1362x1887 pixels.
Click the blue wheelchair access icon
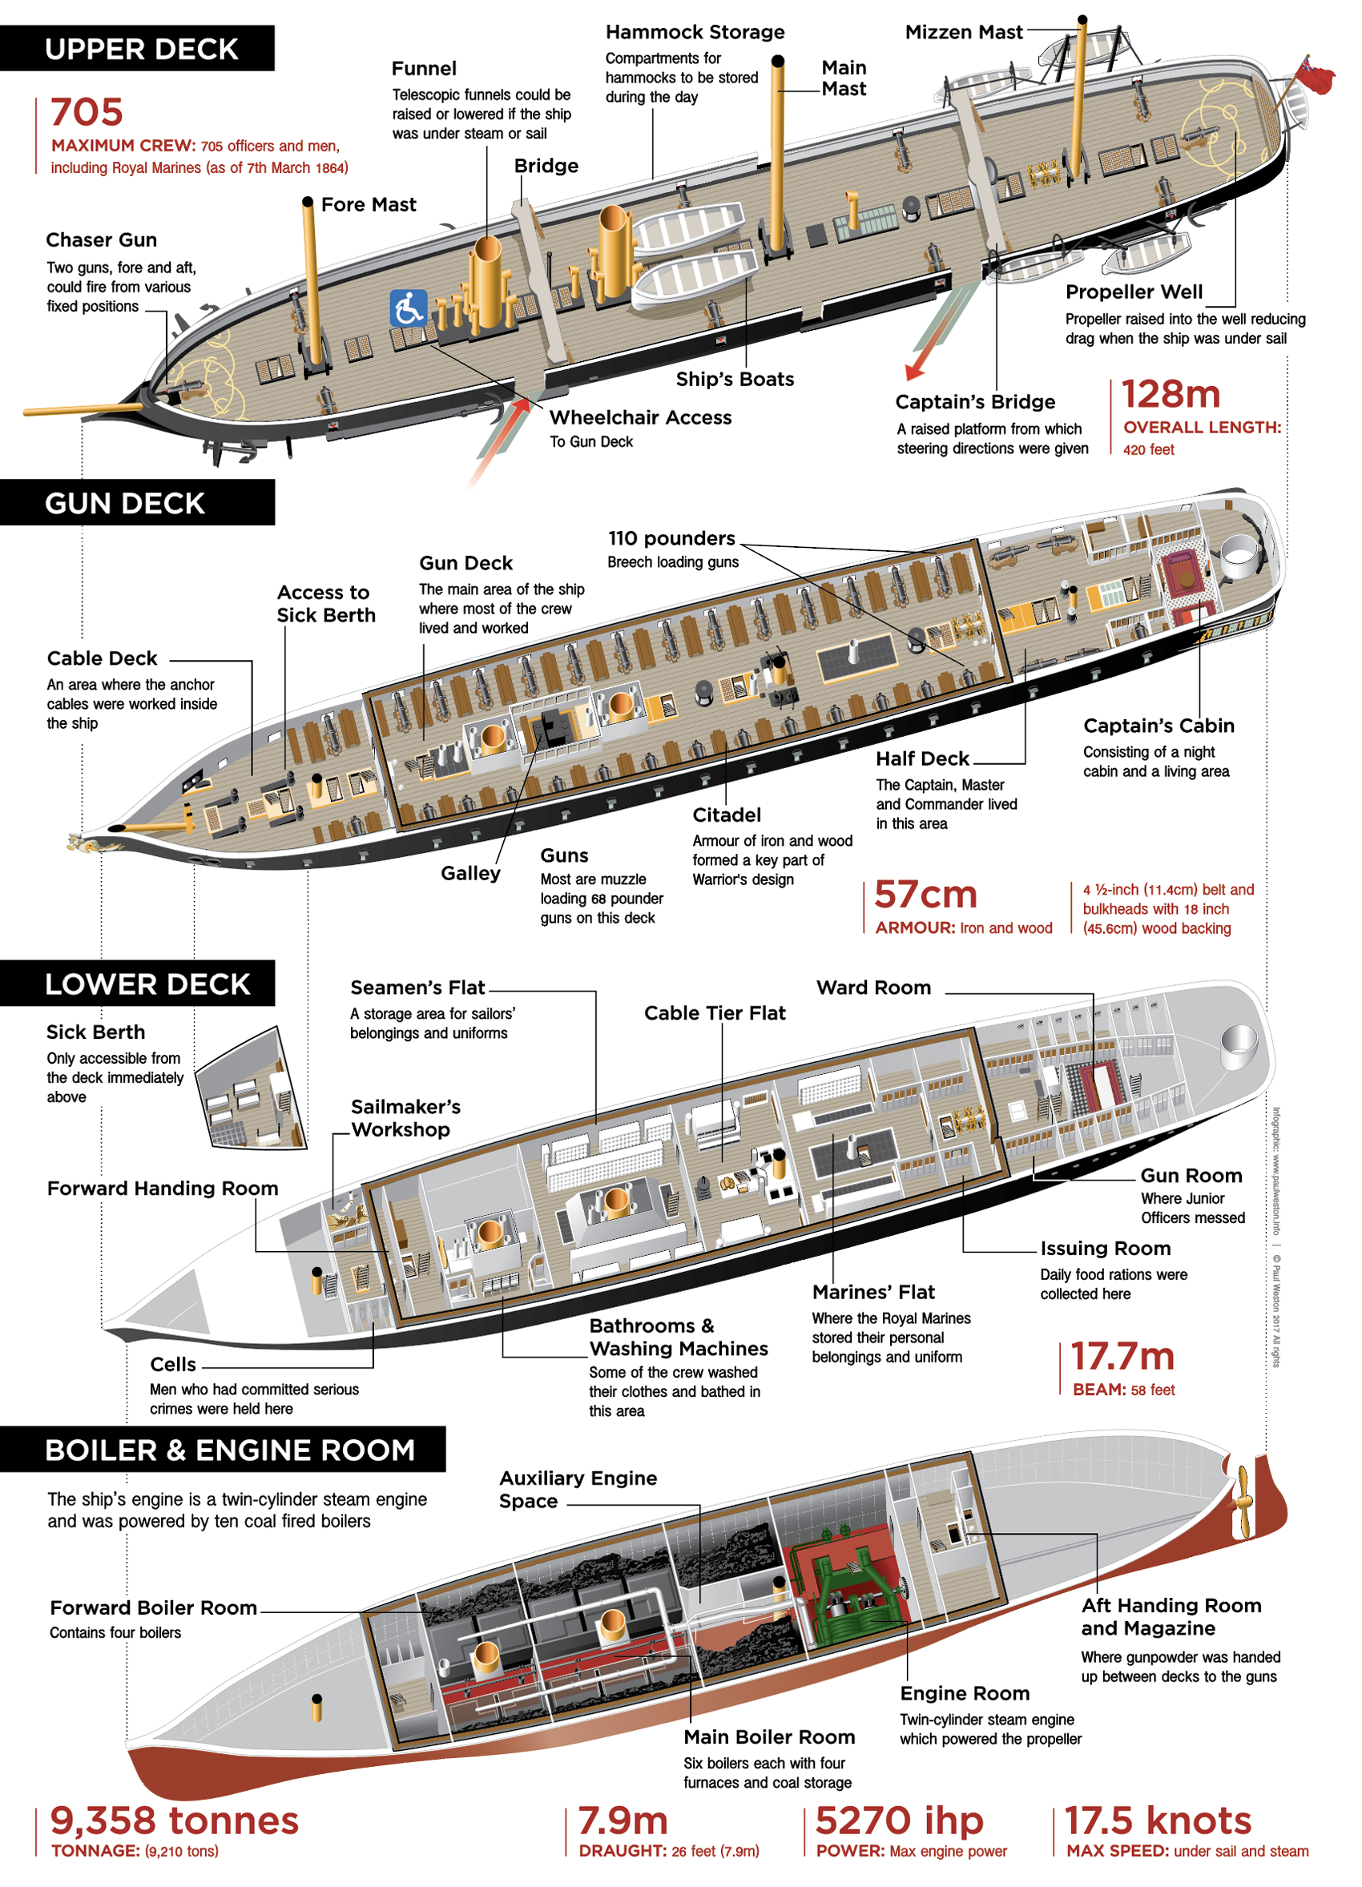click(408, 308)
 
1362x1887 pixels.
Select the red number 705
click(87, 112)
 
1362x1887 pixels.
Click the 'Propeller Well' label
click(1133, 292)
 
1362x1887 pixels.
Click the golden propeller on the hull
click(1243, 1503)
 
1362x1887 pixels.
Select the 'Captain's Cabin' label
click(1159, 726)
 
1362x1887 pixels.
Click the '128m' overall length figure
click(1170, 394)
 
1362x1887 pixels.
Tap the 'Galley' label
click(470, 873)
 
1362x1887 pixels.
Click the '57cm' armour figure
click(925, 895)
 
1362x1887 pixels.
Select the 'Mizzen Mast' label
click(964, 33)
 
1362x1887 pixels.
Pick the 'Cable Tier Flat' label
click(715, 1012)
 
